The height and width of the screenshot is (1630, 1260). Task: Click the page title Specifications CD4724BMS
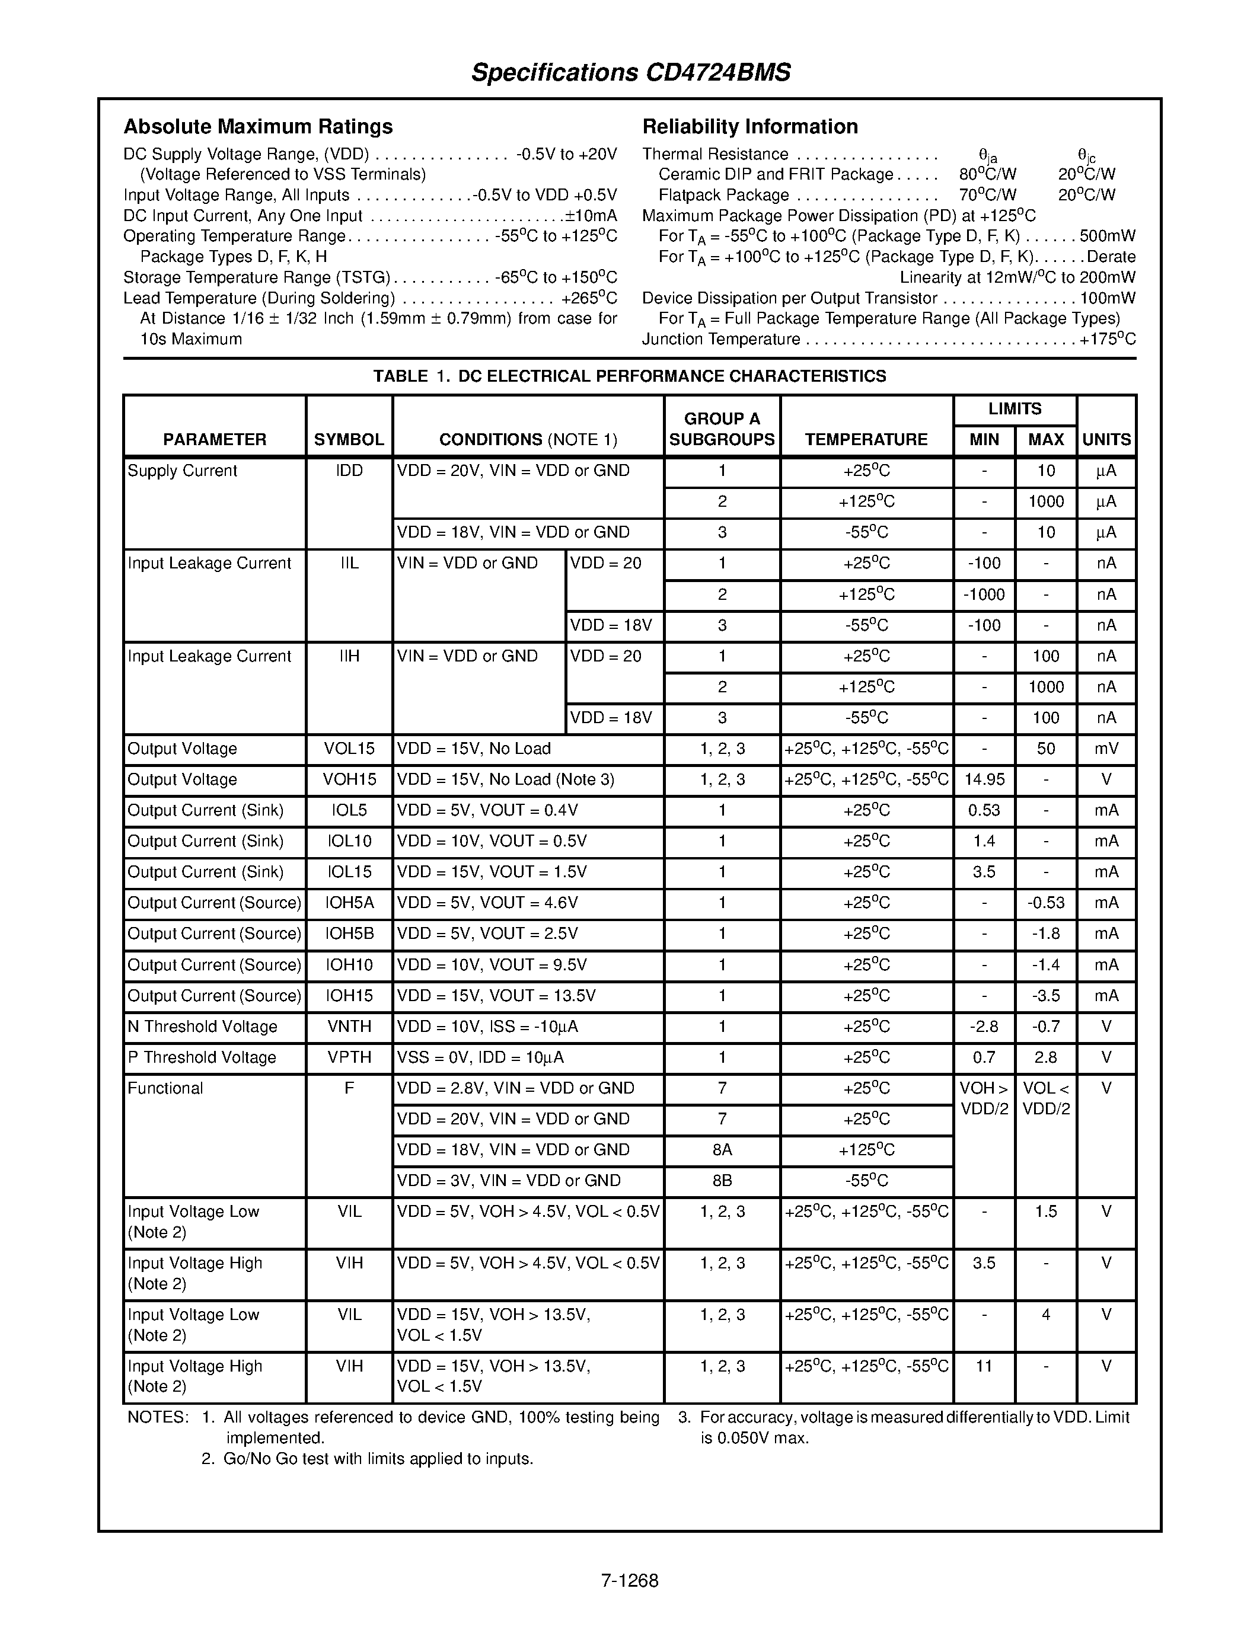click(630, 72)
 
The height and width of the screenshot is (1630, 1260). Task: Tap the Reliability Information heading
click(749, 126)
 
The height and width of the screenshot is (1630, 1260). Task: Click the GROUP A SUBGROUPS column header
click(722, 429)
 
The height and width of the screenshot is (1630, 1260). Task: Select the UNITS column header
click(1106, 440)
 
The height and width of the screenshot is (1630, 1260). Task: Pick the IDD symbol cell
click(349, 471)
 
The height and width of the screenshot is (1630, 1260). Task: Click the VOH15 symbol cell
click(349, 780)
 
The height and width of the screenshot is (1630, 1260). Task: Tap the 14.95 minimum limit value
click(984, 780)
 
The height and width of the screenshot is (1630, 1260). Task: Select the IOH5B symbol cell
click(349, 934)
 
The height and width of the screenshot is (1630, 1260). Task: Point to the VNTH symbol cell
click(349, 1027)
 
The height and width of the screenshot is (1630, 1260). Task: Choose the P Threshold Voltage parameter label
click(202, 1057)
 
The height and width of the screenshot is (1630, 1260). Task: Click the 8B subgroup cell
click(722, 1181)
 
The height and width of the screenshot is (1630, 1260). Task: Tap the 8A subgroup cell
click(722, 1150)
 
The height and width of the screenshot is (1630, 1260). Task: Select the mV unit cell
click(1106, 749)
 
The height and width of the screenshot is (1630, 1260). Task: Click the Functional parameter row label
click(165, 1088)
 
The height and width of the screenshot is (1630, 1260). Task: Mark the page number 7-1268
click(629, 1581)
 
